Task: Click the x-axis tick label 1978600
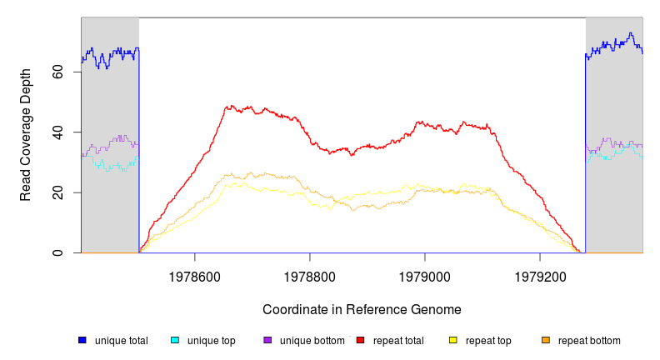195,272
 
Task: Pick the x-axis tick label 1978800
310,272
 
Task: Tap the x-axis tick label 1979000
425,272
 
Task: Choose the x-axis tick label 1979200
540,272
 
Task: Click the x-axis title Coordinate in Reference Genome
362,309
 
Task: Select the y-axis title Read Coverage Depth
26,135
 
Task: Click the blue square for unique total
82,340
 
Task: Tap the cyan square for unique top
175,340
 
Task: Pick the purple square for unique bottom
267,340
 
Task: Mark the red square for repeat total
360,340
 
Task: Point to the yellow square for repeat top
453,340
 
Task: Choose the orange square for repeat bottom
546,340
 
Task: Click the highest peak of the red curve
227,106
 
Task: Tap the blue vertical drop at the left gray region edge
139,150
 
